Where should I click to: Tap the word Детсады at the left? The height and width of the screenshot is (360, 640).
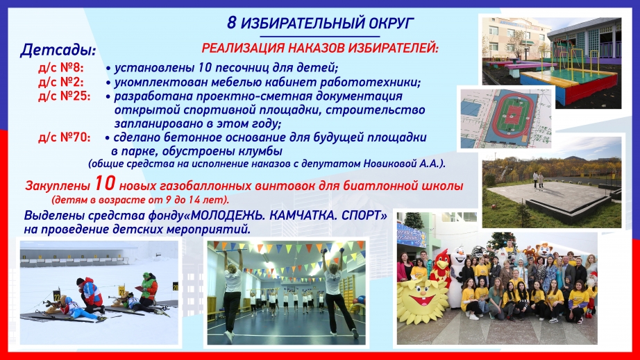58,50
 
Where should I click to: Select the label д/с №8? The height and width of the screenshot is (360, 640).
60,67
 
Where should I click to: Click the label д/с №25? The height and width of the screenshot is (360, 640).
64,96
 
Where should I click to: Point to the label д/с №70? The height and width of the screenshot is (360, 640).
64,137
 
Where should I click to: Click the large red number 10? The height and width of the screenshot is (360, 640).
106,183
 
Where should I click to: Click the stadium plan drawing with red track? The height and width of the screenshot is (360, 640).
506,118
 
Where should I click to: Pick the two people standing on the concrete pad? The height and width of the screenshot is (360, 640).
538,180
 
